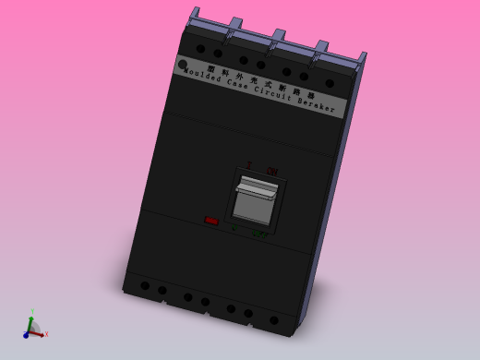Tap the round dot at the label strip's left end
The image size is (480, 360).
click(x=183, y=65)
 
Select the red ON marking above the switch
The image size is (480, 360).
click(x=272, y=171)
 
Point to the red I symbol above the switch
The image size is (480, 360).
click(x=248, y=165)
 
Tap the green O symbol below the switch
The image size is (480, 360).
click(x=234, y=227)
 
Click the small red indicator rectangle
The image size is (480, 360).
click(x=211, y=221)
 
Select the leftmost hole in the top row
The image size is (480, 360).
click(x=200, y=48)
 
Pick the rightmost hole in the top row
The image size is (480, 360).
click(x=330, y=83)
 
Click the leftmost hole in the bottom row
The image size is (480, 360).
click(x=145, y=285)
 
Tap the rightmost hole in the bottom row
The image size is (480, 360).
click(x=274, y=320)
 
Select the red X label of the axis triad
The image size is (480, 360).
click(x=46, y=333)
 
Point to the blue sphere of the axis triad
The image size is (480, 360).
click(x=27, y=335)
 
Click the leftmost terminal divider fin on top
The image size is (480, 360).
click(x=193, y=16)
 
